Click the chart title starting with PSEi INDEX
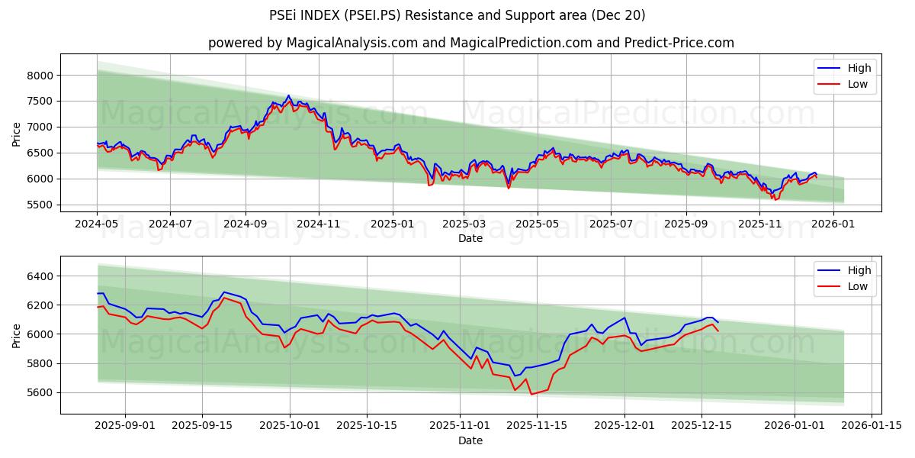coord(457,15)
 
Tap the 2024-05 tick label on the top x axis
coord(97,224)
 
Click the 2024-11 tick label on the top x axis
coord(318,224)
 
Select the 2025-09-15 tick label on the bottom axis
coord(202,426)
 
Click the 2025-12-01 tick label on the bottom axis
coord(624,426)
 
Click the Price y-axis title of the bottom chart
coord(17,334)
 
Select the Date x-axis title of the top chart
coord(470,238)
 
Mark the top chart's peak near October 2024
coord(288,95)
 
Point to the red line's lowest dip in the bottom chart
coord(531,394)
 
